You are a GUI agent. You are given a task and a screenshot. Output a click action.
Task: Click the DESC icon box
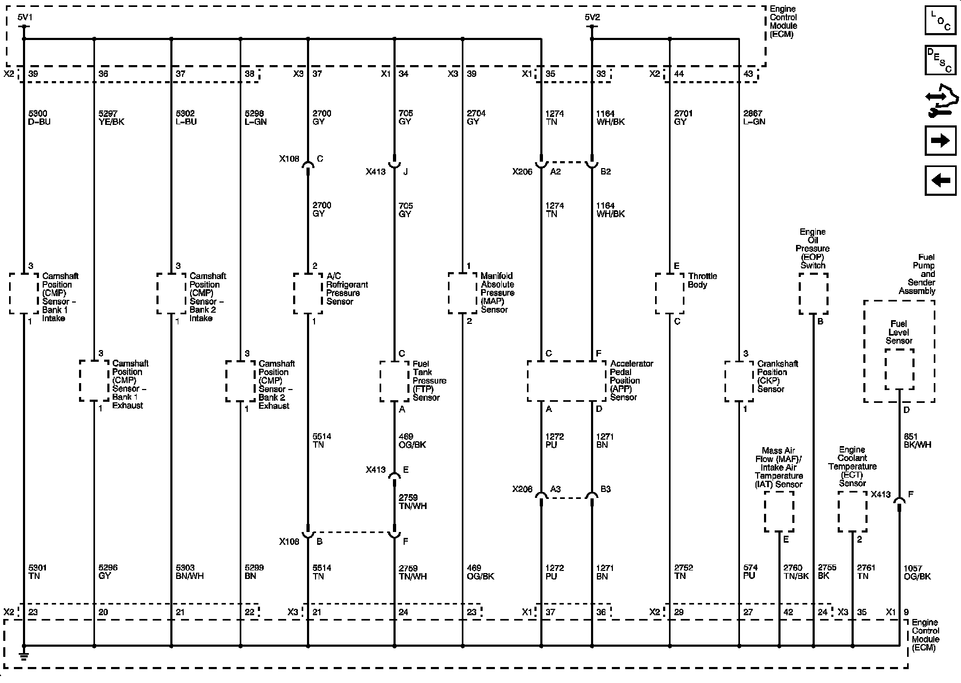click(940, 60)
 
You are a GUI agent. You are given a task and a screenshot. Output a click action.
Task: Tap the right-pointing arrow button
click(940, 140)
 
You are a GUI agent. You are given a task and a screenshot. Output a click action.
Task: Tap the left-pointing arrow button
click(940, 180)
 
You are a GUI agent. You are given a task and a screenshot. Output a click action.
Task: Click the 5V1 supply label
click(25, 18)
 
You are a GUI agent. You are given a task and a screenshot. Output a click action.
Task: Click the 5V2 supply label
click(592, 18)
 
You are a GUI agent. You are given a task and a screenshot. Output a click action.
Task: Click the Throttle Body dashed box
click(669, 293)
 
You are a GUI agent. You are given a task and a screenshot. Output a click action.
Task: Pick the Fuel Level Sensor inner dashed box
click(899, 369)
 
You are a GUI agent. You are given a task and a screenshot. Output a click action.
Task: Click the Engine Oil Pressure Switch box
click(813, 293)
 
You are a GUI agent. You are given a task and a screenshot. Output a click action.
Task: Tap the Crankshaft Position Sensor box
click(739, 381)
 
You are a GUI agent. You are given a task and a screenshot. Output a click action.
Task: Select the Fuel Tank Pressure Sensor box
click(395, 381)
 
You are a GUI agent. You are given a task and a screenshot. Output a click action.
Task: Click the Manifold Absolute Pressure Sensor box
click(462, 293)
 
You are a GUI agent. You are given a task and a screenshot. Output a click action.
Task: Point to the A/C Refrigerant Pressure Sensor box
click(308, 293)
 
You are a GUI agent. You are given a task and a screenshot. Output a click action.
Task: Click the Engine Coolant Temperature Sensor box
click(852, 511)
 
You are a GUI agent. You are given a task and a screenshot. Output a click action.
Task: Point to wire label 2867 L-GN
click(754, 117)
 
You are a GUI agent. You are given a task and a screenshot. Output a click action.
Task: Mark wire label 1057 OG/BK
click(917, 572)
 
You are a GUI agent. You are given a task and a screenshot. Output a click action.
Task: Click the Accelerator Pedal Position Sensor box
click(566, 381)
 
